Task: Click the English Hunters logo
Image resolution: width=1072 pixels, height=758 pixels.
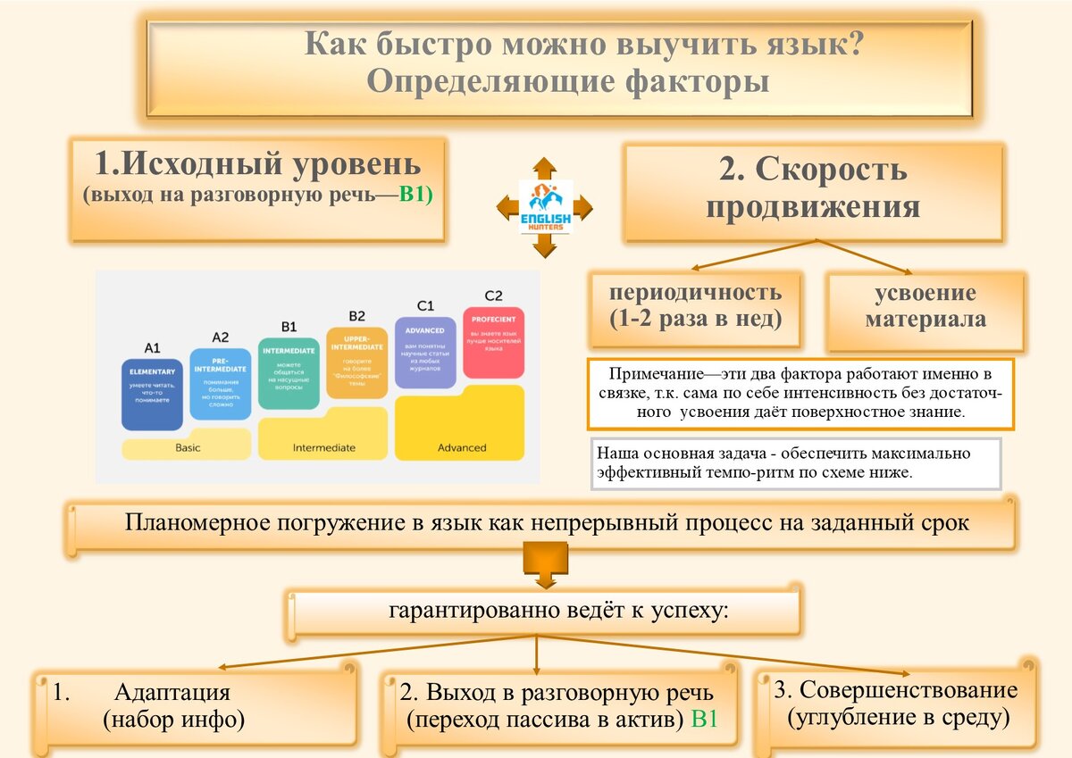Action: point(546,207)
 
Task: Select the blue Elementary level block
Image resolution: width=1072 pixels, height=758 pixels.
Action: point(152,394)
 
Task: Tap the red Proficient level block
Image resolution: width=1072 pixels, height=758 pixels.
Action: point(493,342)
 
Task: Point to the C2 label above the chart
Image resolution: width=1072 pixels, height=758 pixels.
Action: point(493,296)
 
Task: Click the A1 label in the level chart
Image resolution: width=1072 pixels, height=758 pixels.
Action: point(152,347)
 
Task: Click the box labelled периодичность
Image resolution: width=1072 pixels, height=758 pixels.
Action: point(695,305)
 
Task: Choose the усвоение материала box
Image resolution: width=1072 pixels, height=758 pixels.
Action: point(925,307)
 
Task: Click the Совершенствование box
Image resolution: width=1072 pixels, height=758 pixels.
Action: point(896,703)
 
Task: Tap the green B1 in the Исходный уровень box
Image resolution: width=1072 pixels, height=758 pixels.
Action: point(415,196)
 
